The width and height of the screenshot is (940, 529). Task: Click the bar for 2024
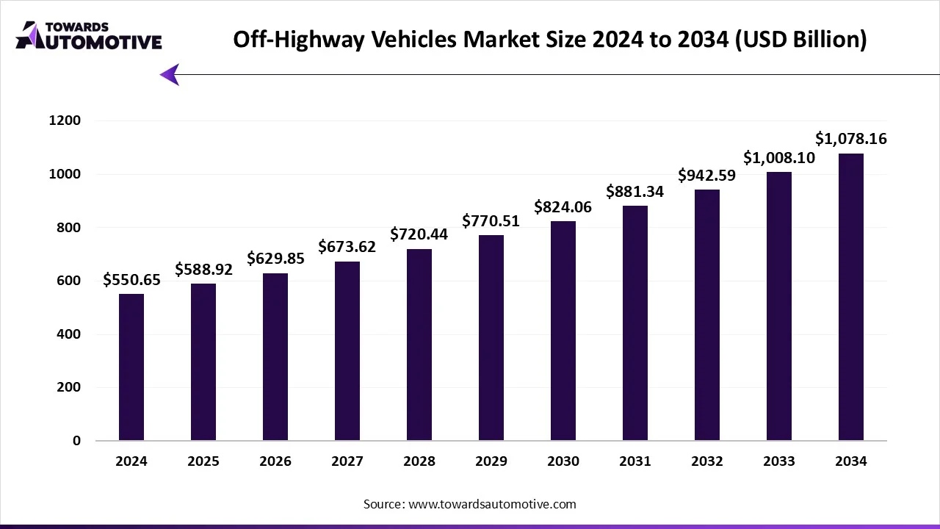[131, 367]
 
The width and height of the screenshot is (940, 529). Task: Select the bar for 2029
[491, 338]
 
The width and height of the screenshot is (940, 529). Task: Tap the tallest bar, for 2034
[851, 297]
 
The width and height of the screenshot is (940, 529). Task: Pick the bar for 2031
[635, 323]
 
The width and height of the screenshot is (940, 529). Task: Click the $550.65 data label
[131, 279]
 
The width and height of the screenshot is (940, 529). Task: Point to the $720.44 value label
[419, 234]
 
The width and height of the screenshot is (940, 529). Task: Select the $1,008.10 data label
[779, 157]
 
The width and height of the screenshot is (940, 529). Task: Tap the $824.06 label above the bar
[563, 206]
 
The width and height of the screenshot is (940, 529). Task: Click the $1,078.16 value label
[851, 138]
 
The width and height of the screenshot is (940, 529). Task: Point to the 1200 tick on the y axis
[65, 120]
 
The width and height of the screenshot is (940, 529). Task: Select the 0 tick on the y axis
[76, 441]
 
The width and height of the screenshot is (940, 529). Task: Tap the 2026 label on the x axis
[275, 461]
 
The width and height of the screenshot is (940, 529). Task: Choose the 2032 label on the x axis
[707, 461]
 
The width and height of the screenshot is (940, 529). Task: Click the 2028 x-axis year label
[419, 461]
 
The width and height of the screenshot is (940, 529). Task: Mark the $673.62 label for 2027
[347, 247]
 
